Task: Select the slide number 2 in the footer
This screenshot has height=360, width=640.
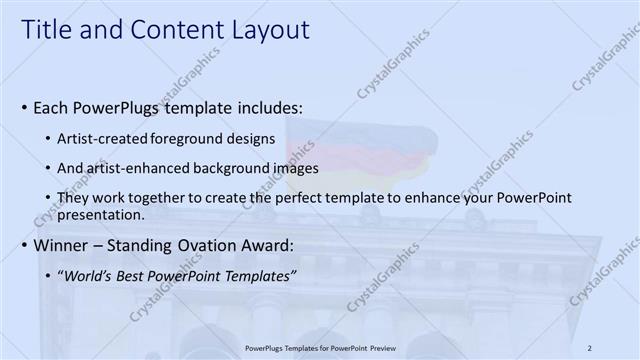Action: tap(590, 348)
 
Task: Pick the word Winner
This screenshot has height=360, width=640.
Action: tap(59, 245)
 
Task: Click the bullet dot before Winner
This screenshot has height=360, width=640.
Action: tap(22, 245)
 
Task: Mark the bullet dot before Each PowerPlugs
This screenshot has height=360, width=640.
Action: tap(22, 106)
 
